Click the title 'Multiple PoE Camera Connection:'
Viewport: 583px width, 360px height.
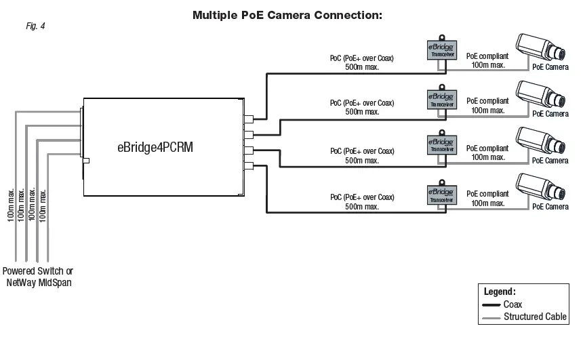287,14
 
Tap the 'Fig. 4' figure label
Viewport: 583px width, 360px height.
35,26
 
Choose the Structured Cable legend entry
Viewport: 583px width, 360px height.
523,317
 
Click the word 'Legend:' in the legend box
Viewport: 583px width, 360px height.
500,292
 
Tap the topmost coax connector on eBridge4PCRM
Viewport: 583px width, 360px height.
248,118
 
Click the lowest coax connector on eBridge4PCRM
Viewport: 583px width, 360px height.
248,166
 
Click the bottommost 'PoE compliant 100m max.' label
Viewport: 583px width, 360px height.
487,199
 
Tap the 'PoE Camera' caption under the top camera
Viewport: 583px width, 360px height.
550,67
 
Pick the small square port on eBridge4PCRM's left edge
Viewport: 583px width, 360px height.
85,161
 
